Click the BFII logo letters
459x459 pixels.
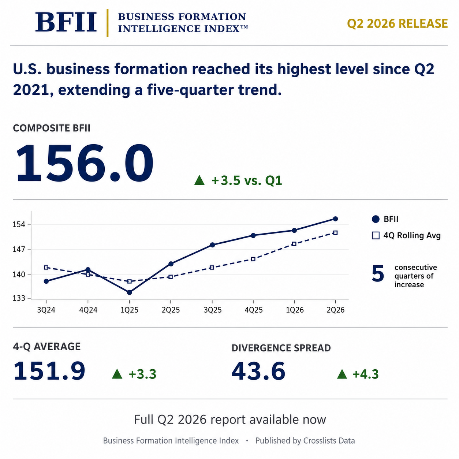click(66, 22)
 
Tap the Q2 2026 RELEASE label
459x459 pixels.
click(397, 23)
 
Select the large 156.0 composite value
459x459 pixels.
click(85, 163)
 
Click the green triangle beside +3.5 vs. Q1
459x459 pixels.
click(199, 180)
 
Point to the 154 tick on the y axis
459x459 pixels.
click(19, 224)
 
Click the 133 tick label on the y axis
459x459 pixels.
click(19, 298)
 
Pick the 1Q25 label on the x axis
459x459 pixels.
click(129, 310)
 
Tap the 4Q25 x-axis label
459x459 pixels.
click(254, 310)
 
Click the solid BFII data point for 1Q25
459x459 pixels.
click(129, 292)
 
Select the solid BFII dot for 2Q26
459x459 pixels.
click(335, 219)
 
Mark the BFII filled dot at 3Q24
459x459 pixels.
click(46, 281)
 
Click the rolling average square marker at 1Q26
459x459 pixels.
click(294, 244)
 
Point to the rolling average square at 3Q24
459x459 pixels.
click(46, 268)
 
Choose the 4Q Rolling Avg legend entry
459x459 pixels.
click(406, 236)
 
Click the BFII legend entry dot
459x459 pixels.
click(376, 219)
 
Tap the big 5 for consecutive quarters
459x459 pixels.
click(378, 274)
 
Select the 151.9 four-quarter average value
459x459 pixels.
click(49, 371)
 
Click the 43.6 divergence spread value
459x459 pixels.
click(258, 371)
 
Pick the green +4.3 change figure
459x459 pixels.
click(366, 374)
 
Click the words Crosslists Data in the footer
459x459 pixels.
click(329, 441)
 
